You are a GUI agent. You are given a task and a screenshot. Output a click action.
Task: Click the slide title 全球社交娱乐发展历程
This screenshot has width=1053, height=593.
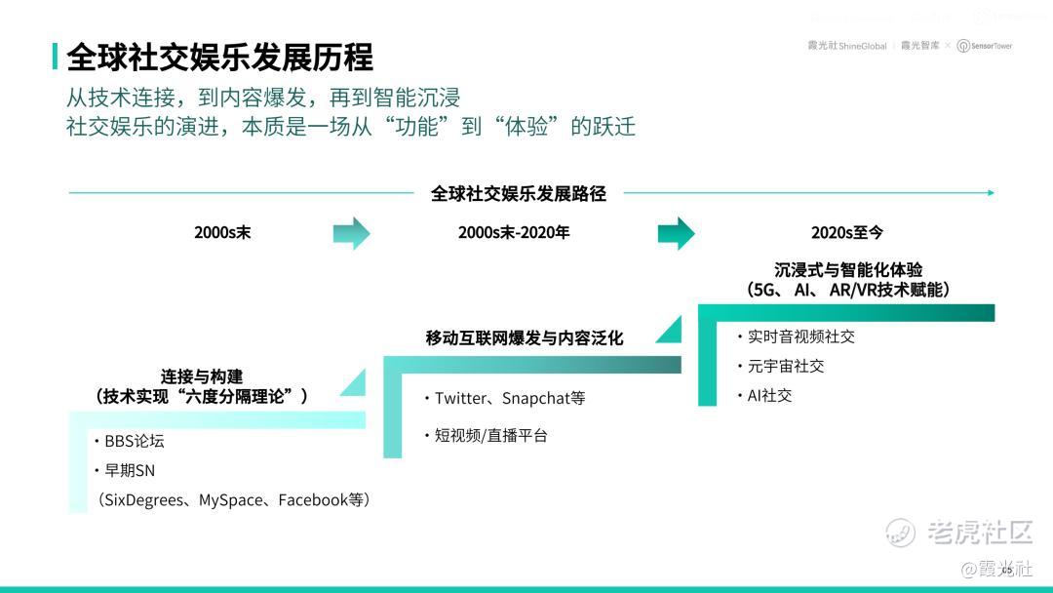219,58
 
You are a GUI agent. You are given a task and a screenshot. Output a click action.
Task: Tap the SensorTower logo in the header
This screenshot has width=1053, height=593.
985,46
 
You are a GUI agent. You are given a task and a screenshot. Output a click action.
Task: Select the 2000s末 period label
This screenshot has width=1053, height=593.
222,232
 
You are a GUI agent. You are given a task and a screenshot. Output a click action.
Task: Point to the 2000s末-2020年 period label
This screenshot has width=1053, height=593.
514,232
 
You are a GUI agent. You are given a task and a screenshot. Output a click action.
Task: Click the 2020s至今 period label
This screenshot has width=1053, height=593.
847,232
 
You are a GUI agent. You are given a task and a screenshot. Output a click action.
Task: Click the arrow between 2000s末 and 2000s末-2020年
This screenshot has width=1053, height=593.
351,233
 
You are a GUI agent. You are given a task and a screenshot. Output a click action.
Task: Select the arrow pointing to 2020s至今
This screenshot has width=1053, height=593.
676,233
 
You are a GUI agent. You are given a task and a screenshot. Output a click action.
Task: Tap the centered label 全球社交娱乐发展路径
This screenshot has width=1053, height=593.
519,193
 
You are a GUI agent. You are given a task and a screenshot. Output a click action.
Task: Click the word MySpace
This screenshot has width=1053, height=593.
230,499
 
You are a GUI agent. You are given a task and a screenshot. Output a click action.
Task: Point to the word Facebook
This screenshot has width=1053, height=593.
313,499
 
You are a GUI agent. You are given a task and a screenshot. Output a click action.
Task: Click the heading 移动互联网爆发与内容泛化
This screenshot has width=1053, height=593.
525,337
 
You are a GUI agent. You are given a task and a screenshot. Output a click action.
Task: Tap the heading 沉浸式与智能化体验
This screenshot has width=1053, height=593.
848,270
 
